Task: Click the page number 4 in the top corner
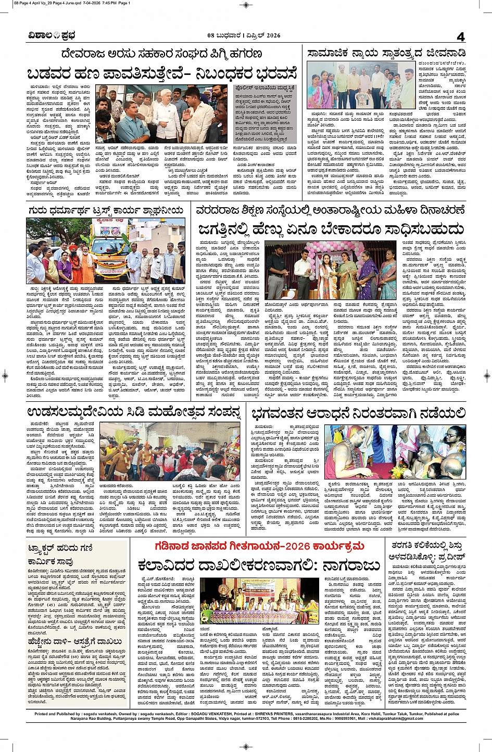coord(460,36)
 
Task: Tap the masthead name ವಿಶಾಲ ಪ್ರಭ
coord(52,36)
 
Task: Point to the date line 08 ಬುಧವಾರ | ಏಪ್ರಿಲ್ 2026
coord(244,36)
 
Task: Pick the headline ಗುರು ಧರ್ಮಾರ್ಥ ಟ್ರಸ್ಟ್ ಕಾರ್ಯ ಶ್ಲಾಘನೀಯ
coord(106,210)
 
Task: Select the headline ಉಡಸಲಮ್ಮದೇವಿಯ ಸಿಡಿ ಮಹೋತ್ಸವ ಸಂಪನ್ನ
coord(134,413)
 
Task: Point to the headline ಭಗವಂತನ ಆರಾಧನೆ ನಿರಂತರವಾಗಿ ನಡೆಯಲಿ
coord(359,414)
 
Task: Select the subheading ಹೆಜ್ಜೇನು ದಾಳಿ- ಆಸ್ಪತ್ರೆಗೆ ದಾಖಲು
coord(76,642)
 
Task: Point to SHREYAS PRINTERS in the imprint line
coord(257,714)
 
